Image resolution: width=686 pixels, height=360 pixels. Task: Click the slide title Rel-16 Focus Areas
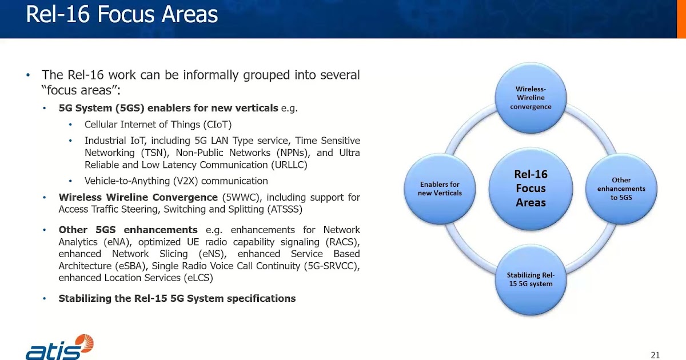coord(122,15)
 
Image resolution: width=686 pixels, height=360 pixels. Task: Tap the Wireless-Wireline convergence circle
coord(531,98)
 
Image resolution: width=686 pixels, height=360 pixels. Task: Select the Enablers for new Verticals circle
coord(440,189)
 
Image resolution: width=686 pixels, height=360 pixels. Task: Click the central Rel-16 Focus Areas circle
coord(531,189)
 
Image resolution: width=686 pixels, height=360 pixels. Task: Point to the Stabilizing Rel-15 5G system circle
coord(531,279)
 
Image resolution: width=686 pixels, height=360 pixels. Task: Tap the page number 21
coord(655,355)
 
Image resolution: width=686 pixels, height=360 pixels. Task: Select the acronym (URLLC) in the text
coord(288,165)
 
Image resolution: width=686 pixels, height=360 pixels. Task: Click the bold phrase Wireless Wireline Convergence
coord(138,197)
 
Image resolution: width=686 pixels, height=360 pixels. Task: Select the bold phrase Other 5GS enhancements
coord(128,230)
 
